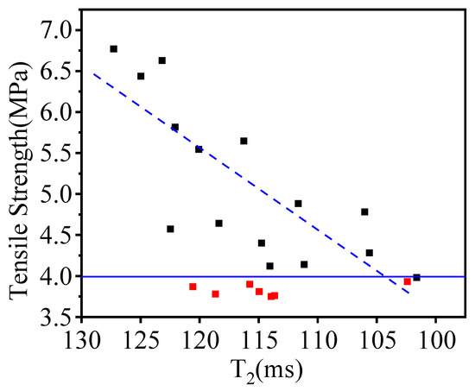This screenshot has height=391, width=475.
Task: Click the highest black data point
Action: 113,49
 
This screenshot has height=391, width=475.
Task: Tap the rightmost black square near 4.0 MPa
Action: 416,277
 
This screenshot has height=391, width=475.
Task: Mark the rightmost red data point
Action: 407,281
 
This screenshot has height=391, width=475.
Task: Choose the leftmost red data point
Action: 193,287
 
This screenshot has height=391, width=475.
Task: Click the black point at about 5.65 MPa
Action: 244,141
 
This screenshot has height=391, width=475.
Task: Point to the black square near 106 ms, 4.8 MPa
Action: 364,211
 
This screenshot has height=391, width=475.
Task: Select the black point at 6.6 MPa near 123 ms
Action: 161,60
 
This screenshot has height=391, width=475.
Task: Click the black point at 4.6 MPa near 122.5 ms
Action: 170,229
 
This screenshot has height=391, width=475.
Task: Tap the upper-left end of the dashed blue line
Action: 93,73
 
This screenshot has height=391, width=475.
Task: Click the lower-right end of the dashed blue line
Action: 408,294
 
